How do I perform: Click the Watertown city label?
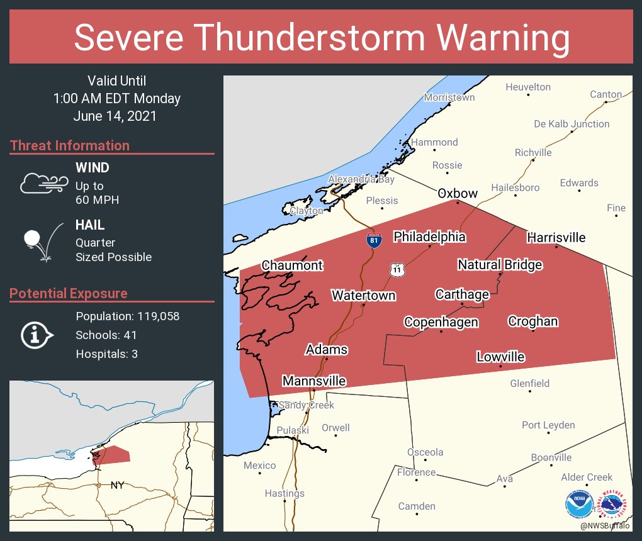[x=363, y=295]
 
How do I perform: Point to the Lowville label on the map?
[x=500, y=357]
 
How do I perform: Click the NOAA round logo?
[x=579, y=505]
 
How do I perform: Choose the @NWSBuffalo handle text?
[x=605, y=525]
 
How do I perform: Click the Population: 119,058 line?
[x=127, y=316]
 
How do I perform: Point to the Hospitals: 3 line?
[x=106, y=354]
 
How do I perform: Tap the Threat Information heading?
[x=70, y=146]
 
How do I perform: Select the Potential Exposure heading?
[x=69, y=294]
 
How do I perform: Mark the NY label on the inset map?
[x=117, y=485]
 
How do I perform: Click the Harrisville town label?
[x=556, y=237]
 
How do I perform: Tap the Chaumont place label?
[x=292, y=265]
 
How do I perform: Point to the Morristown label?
[x=449, y=98]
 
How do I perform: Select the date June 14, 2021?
[x=115, y=116]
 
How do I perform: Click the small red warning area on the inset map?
[x=114, y=455]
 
